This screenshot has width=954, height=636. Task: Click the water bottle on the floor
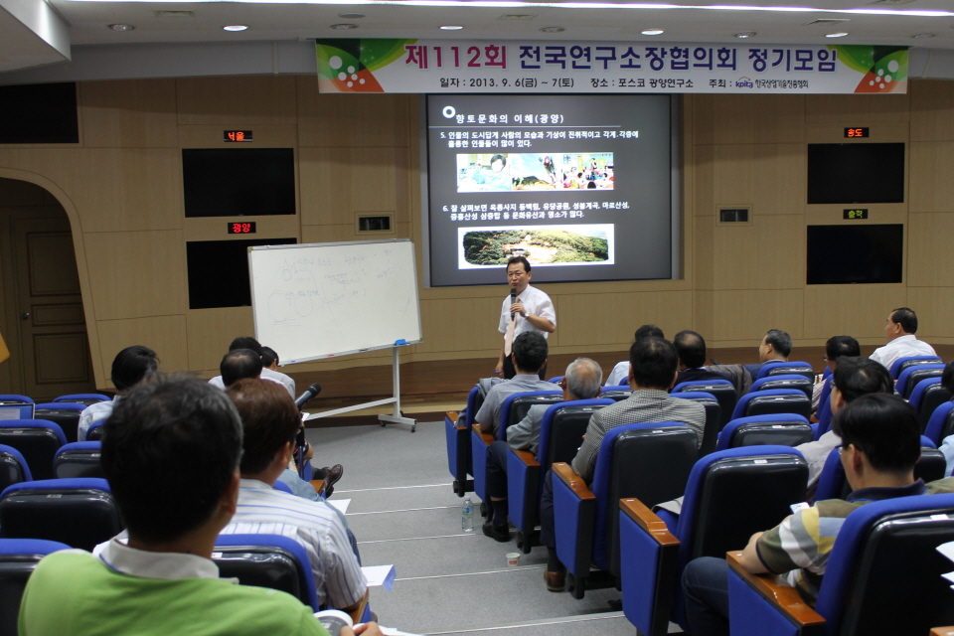click(x=468, y=514)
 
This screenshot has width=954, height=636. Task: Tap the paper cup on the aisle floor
click(x=513, y=558)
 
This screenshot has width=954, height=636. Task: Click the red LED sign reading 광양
click(x=241, y=228)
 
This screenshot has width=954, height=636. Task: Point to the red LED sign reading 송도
click(x=856, y=132)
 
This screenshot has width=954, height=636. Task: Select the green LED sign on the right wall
click(x=855, y=214)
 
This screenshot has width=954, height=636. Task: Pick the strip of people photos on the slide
click(x=535, y=171)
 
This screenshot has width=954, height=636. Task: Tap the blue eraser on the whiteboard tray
click(x=401, y=343)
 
